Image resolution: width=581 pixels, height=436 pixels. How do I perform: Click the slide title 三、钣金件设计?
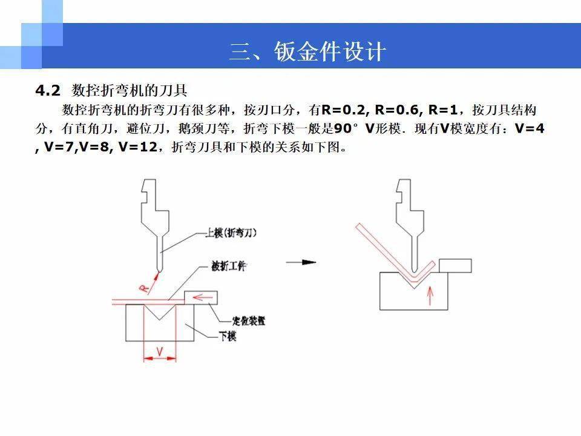pyautogui.click(x=307, y=51)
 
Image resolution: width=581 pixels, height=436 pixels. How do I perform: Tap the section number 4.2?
pyautogui.click(x=47, y=90)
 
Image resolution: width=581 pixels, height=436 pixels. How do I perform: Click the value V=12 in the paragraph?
pyautogui.click(x=138, y=147)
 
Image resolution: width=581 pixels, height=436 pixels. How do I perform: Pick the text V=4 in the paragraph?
pyautogui.click(x=530, y=128)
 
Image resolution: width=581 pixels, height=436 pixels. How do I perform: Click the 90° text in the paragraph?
pyautogui.click(x=346, y=128)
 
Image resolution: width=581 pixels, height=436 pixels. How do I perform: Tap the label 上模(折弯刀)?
pyautogui.click(x=231, y=233)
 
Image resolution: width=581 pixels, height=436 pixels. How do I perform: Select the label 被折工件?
pyautogui.click(x=229, y=266)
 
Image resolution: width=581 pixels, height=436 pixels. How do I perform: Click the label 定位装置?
pyautogui.click(x=249, y=320)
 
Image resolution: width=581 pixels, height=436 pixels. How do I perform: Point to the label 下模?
pyautogui.click(x=227, y=336)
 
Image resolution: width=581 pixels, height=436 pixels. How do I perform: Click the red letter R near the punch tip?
pyautogui.click(x=145, y=288)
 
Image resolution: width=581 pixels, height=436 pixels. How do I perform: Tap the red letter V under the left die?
pyautogui.click(x=160, y=351)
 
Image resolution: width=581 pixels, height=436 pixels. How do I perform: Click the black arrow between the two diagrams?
pyautogui.click(x=301, y=262)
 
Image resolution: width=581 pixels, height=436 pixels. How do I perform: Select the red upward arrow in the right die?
pyautogui.click(x=430, y=296)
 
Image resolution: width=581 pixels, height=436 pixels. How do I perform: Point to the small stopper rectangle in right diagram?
pyautogui.click(x=455, y=266)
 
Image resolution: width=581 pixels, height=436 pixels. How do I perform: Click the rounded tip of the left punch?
pyautogui.click(x=159, y=268)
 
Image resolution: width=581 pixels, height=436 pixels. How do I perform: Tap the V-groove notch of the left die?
pyautogui.click(x=159, y=312)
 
